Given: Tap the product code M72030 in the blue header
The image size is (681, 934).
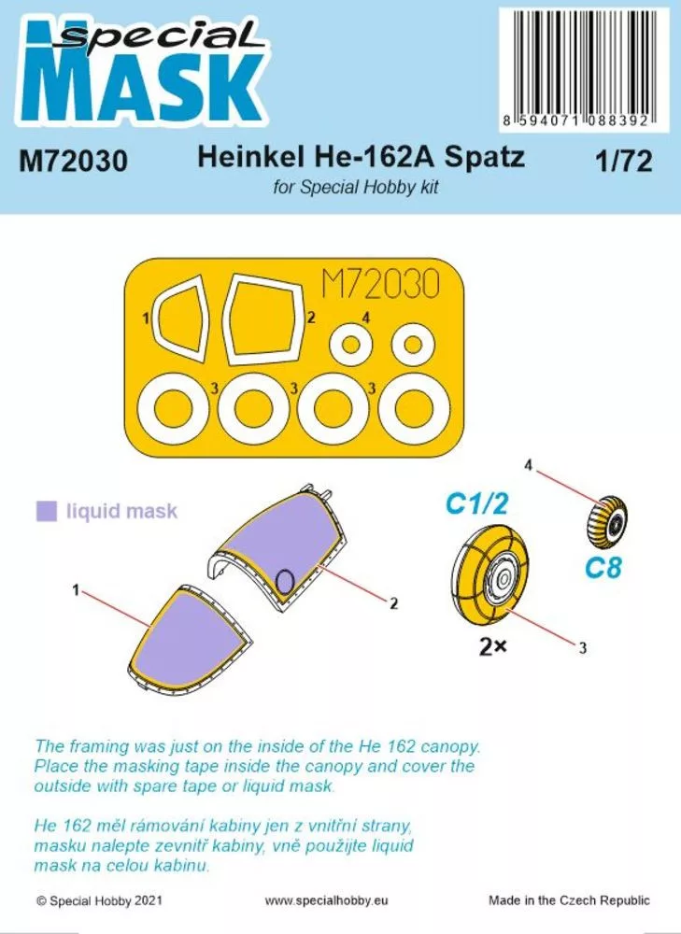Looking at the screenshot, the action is point(73,162).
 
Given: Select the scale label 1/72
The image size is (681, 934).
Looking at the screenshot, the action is point(622,162).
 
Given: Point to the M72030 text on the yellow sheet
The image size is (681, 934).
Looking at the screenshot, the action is point(379,285).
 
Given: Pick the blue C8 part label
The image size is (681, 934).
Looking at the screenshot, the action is point(603,567).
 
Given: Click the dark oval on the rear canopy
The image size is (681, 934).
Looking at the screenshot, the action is point(287,580).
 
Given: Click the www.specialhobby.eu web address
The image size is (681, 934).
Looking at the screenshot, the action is point(325,900).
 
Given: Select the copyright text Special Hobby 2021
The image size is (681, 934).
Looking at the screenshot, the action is point(100,900).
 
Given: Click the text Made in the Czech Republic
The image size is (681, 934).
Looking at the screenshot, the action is point(569,900).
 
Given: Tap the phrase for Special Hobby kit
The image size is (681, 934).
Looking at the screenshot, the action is point(356,187).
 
